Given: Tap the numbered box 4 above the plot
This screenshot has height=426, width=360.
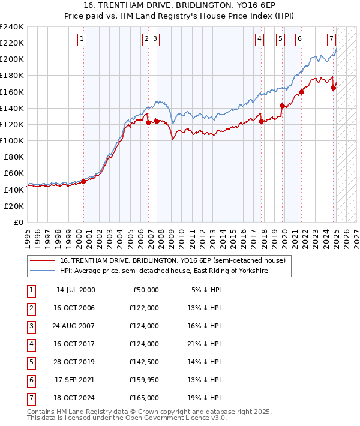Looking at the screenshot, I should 259,39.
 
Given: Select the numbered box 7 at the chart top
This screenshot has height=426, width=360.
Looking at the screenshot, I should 331,39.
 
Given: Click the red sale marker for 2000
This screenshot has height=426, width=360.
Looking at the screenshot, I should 83,181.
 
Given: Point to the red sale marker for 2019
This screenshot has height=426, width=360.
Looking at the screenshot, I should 282,106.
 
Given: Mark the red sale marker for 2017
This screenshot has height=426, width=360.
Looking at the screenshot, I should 262,121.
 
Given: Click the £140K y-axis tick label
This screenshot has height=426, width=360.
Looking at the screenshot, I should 11,108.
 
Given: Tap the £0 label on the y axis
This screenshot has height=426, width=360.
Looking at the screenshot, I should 19,222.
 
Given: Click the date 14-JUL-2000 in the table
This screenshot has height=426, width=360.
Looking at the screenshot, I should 76,290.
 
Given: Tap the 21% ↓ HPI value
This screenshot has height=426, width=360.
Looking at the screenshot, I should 206,344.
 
